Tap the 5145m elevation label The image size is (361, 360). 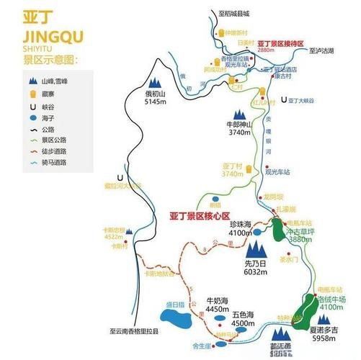156,102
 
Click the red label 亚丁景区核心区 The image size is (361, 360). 200,215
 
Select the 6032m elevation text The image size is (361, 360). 257,272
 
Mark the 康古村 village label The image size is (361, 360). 291,75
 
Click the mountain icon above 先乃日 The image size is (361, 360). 257,249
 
